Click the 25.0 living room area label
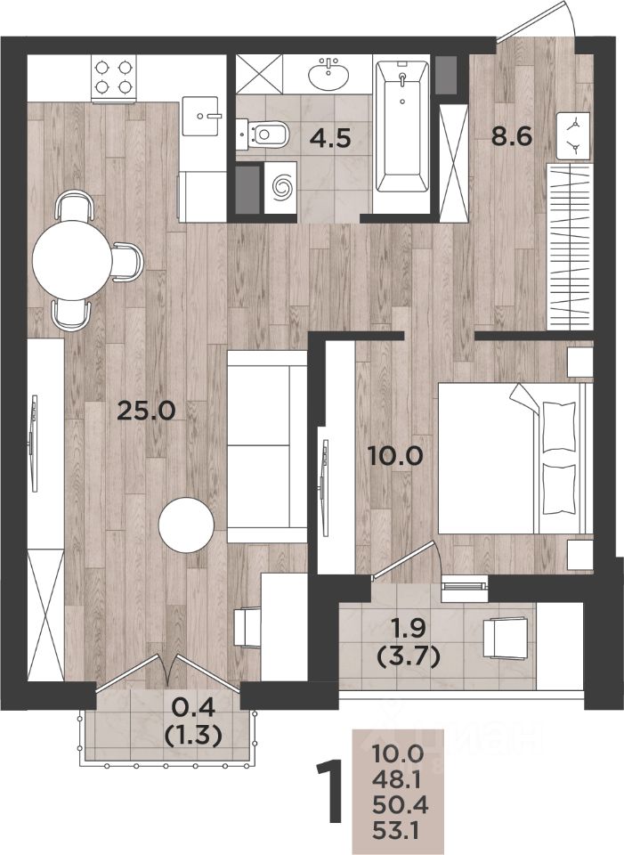pyautogui.click(x=147, y=411)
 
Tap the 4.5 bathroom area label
pyautogui.click(x=329, y=139)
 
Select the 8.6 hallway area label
pyautogui.click(x=511, y=136)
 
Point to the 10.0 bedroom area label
pyautogui.click(x=395, y=455)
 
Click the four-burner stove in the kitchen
pyautogui.click(x=114, y=79)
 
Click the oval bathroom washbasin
pyautogui.click(x=328, y=76)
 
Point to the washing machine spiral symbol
pyautogui.click(x=282, y=186)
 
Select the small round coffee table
pyautogui.click(x=186, y=525)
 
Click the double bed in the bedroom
pyautogui.click(x=515, y=458)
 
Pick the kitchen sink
pyautogui.click(x=200, y=116)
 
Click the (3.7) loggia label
pyautogui.click(x=409, y=659)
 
